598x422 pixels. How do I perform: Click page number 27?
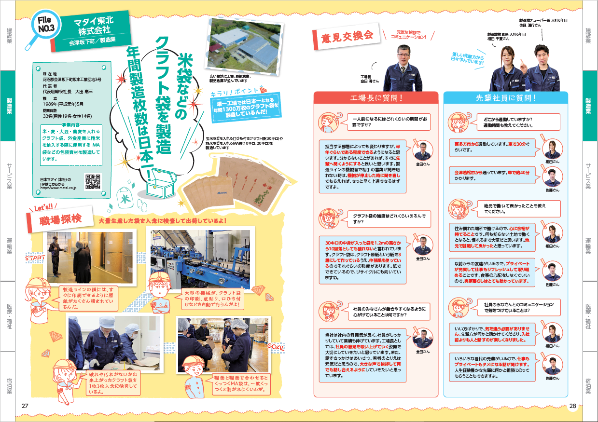pyautogui.click(x=25, y=406)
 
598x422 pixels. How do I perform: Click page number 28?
pyautogui.click(x=572, y=406)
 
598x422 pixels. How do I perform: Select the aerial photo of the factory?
pyautogui.click(x=243, y=45)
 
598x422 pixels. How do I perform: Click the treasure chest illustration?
pyautogui.click(x=160, y=185)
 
